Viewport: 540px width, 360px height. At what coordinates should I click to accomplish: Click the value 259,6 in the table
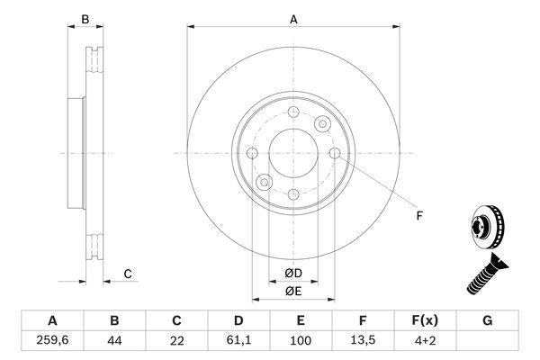point(51,340)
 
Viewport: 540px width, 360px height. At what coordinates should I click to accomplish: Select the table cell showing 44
point(114,340)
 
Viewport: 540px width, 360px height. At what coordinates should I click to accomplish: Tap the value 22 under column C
point(177,340)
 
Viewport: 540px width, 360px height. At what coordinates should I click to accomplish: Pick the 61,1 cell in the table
point(239,340)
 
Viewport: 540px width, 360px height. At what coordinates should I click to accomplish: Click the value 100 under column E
point(301,340)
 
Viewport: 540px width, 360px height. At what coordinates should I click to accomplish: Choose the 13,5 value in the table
point(364,340)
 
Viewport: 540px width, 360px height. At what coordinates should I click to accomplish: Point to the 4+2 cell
point(426,340)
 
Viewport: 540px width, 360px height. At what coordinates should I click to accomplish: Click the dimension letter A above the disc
point(292,18)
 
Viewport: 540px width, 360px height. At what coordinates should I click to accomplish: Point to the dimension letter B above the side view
point(85,19)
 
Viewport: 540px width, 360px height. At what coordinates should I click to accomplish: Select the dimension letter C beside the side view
point(128,274)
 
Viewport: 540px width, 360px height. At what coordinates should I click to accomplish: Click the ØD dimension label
point(292,273)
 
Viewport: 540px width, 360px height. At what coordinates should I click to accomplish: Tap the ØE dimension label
point(292,291)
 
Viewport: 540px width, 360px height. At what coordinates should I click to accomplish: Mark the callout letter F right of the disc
point(418,214)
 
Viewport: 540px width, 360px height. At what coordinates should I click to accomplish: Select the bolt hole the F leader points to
point(335,154)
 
